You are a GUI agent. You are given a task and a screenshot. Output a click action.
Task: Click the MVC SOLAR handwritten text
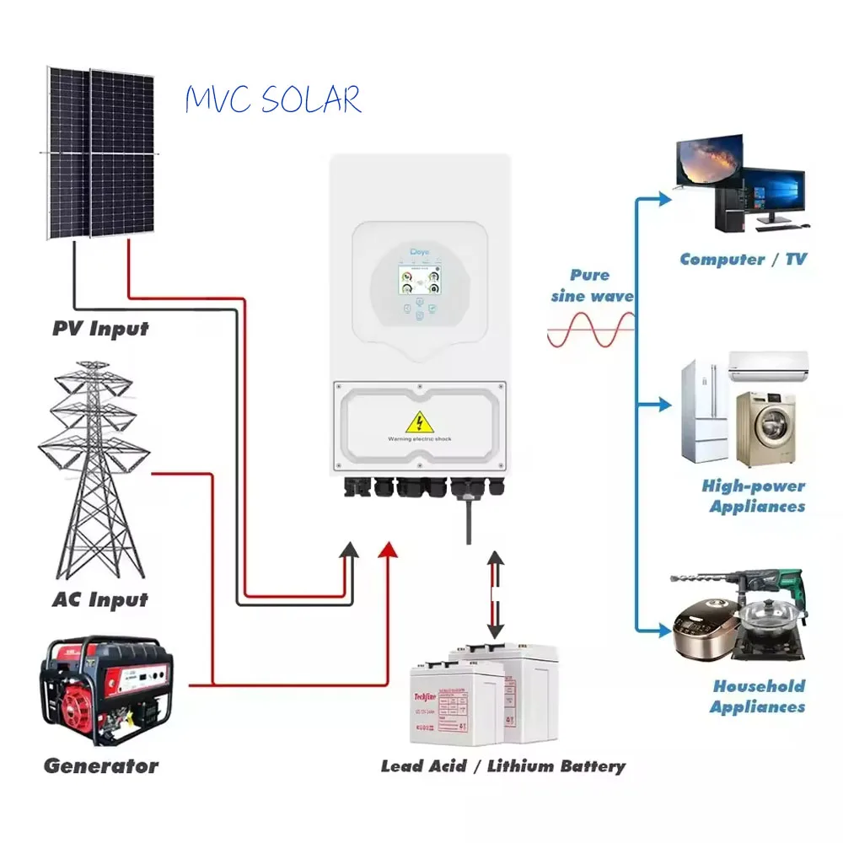(272, 100)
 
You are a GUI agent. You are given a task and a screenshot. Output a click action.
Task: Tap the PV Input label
(100, 328)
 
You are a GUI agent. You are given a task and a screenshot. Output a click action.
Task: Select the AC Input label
(99, 600)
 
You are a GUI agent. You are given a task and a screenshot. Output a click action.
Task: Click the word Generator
(100, 766)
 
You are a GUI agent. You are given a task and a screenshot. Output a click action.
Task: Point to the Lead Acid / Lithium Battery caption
(503, 766)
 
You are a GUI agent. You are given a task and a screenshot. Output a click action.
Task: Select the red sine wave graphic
(590, 330)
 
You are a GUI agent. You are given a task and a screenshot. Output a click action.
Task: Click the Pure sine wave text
(592, 286)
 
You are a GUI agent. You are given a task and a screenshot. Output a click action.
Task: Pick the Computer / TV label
(743, 260)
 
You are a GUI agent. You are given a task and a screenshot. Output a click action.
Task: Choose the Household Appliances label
(758, 696)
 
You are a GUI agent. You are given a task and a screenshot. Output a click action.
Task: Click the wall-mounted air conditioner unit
(767, 367)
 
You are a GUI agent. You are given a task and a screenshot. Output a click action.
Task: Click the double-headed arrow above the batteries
(496, 594)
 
